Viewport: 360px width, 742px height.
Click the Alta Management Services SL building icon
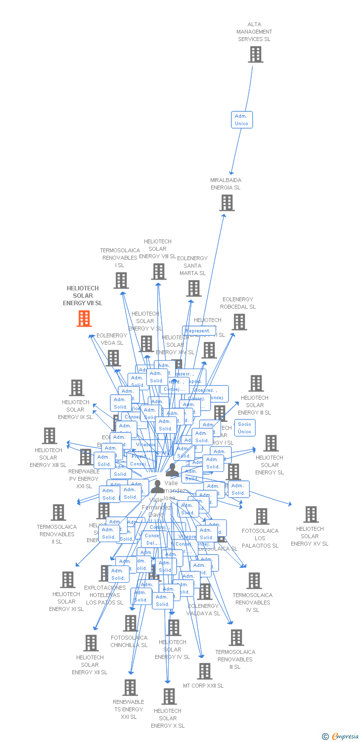(x=256, y=54)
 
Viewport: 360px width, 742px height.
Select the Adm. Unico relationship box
(x=242, y=120)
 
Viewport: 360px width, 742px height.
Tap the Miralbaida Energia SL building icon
(x=227, y=203)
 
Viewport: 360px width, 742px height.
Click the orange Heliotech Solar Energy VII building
(x=84, y=319)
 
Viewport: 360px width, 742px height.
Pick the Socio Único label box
(x=244, y=428)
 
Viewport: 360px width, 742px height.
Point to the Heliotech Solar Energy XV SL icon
(x=311, y=514)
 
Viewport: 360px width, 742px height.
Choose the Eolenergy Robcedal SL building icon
(x=239, y=322)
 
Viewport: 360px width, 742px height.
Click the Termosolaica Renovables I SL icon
(x=121, y=280)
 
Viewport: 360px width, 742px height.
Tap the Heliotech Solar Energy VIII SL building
(x=159, y=272)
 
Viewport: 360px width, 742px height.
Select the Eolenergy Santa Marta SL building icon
(x=194, y=288)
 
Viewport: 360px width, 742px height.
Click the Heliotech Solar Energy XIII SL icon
(x=49, y=436)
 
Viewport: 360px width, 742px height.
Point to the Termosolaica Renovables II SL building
(x=58, y=512)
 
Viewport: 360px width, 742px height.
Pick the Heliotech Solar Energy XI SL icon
(x=67, y=580)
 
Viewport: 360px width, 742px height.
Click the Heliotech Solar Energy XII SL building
(x=91, y=643)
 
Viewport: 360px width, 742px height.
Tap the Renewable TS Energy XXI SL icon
(x=130, y=688)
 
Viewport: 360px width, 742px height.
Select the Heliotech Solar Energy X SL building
(x=169, y=696)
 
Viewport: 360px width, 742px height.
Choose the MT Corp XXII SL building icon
(x=204, y=671)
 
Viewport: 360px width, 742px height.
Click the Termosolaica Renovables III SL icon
(x=236, y=638)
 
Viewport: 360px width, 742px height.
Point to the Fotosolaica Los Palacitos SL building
(x=261, y=516)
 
